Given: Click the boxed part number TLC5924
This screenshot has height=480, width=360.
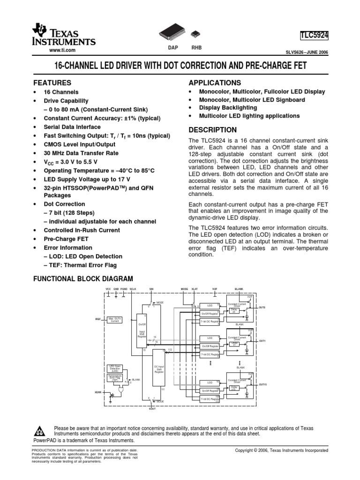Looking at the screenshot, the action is (x=314, y=35).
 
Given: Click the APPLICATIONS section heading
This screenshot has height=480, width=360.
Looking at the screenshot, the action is (x=214, y=82).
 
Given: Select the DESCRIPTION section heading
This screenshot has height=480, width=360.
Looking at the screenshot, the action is (x=212, y=130).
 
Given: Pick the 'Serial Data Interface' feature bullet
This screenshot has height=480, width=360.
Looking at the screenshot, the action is (x=72, y=127).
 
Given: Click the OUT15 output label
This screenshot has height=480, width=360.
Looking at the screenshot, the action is (x=262, y=384).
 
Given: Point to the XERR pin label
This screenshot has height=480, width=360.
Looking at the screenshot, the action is (x=98, y=391).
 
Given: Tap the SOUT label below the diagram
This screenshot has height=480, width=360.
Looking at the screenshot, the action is (x=152, y=409).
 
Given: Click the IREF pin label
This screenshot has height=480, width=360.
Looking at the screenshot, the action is (x=98, y=319).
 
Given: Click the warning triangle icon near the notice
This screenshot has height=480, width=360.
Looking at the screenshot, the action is (x=41, y=431).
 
